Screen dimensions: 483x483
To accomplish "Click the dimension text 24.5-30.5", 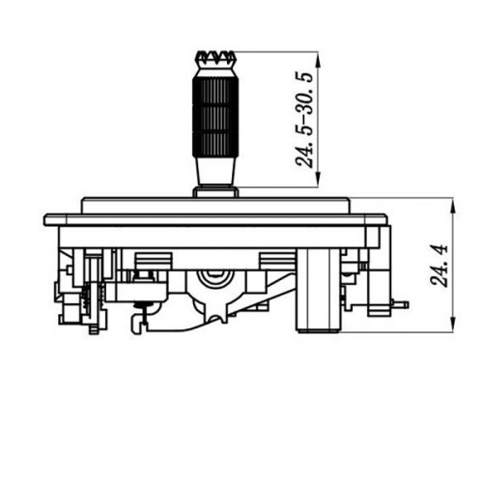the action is tap(304, 120).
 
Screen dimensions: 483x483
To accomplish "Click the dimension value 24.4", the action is tap(440, 266).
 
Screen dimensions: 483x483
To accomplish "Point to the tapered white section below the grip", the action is tap(215, 171).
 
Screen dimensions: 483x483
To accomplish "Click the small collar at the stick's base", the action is tap(215, 192).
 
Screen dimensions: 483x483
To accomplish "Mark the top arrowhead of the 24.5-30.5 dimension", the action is tap(318, 58).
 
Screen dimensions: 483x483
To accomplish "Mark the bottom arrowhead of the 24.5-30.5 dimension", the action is tap(318, 180).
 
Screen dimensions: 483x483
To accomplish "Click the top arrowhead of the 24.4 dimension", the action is tap(453, 206).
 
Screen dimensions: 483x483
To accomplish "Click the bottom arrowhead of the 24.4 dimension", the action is tap(453, 326).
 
